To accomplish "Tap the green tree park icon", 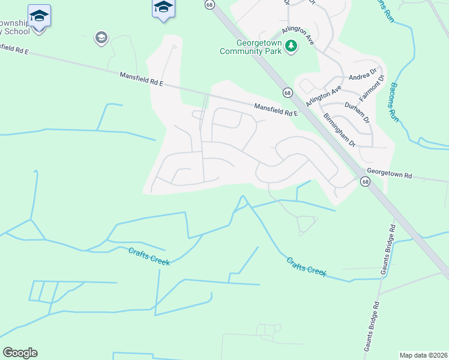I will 291,46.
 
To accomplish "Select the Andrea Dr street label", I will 363,77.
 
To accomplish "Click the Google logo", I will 20,353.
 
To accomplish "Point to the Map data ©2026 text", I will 423,355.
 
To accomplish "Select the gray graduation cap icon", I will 101,38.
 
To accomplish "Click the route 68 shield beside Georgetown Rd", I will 365,181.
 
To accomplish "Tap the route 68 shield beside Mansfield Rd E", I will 288,93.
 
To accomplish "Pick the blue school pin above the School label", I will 40,16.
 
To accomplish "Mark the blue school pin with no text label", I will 163,8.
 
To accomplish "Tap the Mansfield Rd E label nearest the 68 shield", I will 276,110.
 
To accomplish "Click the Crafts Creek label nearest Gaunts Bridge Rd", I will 306,267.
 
